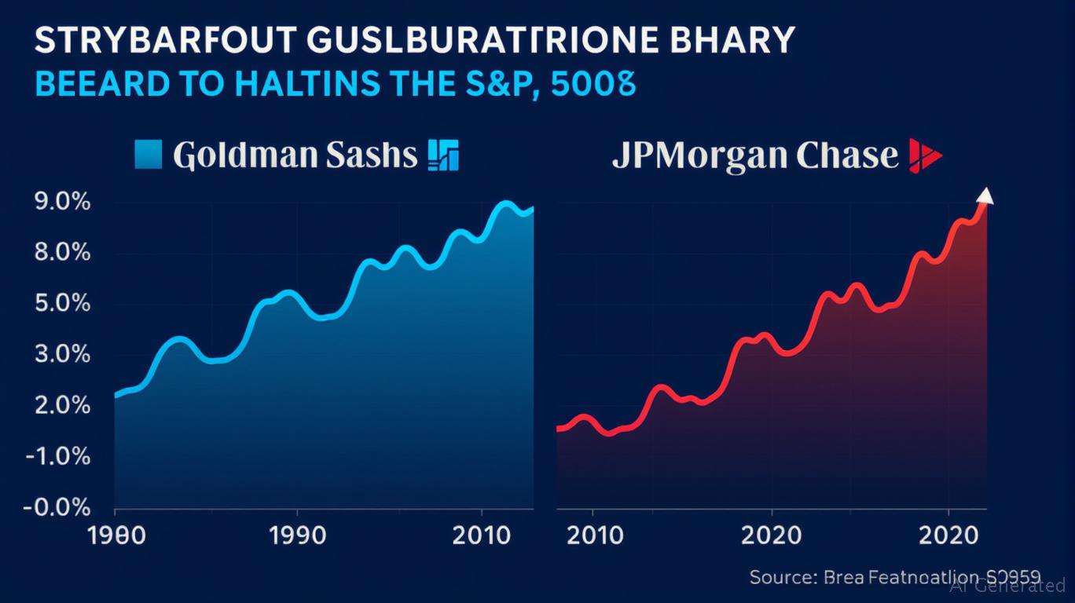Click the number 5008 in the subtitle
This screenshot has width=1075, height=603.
click(593, 82)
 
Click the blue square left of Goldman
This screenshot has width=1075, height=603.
click(149, 154)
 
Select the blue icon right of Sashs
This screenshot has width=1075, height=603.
click(442, 155)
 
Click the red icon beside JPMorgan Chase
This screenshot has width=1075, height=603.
click(924, 155)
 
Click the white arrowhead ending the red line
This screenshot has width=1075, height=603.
click(985, 196)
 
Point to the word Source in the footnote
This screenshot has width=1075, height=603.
click(780, 577)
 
